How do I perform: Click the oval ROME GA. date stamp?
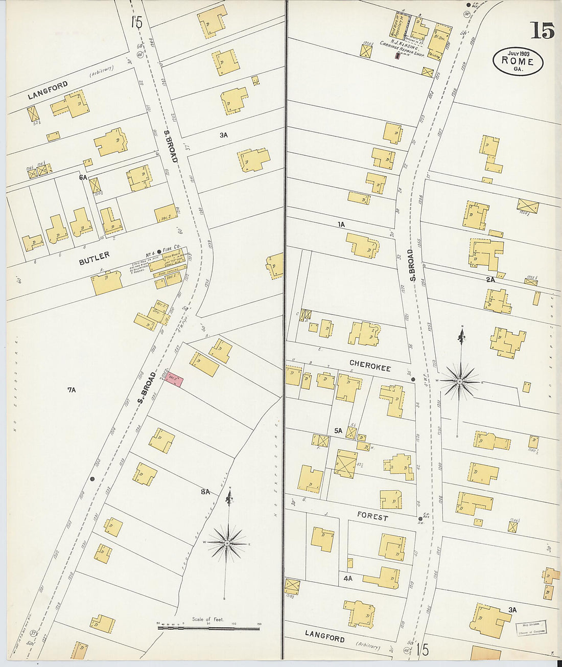pyautogui.click(x=518, y=61)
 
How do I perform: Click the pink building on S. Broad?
pyautogui.click(x=174, y=380)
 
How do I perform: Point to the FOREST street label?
pyautogui.click(x=372, y=517)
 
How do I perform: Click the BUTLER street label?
pyautogui.click(x=94, y=258)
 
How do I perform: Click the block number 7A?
pyautogui.click(x=71, y=389)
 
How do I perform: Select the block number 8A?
pyautogui.click(x=205, y=492)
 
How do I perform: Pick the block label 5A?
pyautogui.click(x=338, y=431)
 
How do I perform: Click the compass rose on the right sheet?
pyautogui.click(x=460, y=381)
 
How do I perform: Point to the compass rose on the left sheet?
pyautogui.click(x=227, y=542)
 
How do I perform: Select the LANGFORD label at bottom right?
pyautogui.click(x=324, y=637)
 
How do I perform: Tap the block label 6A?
pyautogui.click(x=83, y=177)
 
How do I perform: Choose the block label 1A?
pyautogui.click(x=341, y=224)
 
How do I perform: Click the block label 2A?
pyautogui.click(x=490, y=280)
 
